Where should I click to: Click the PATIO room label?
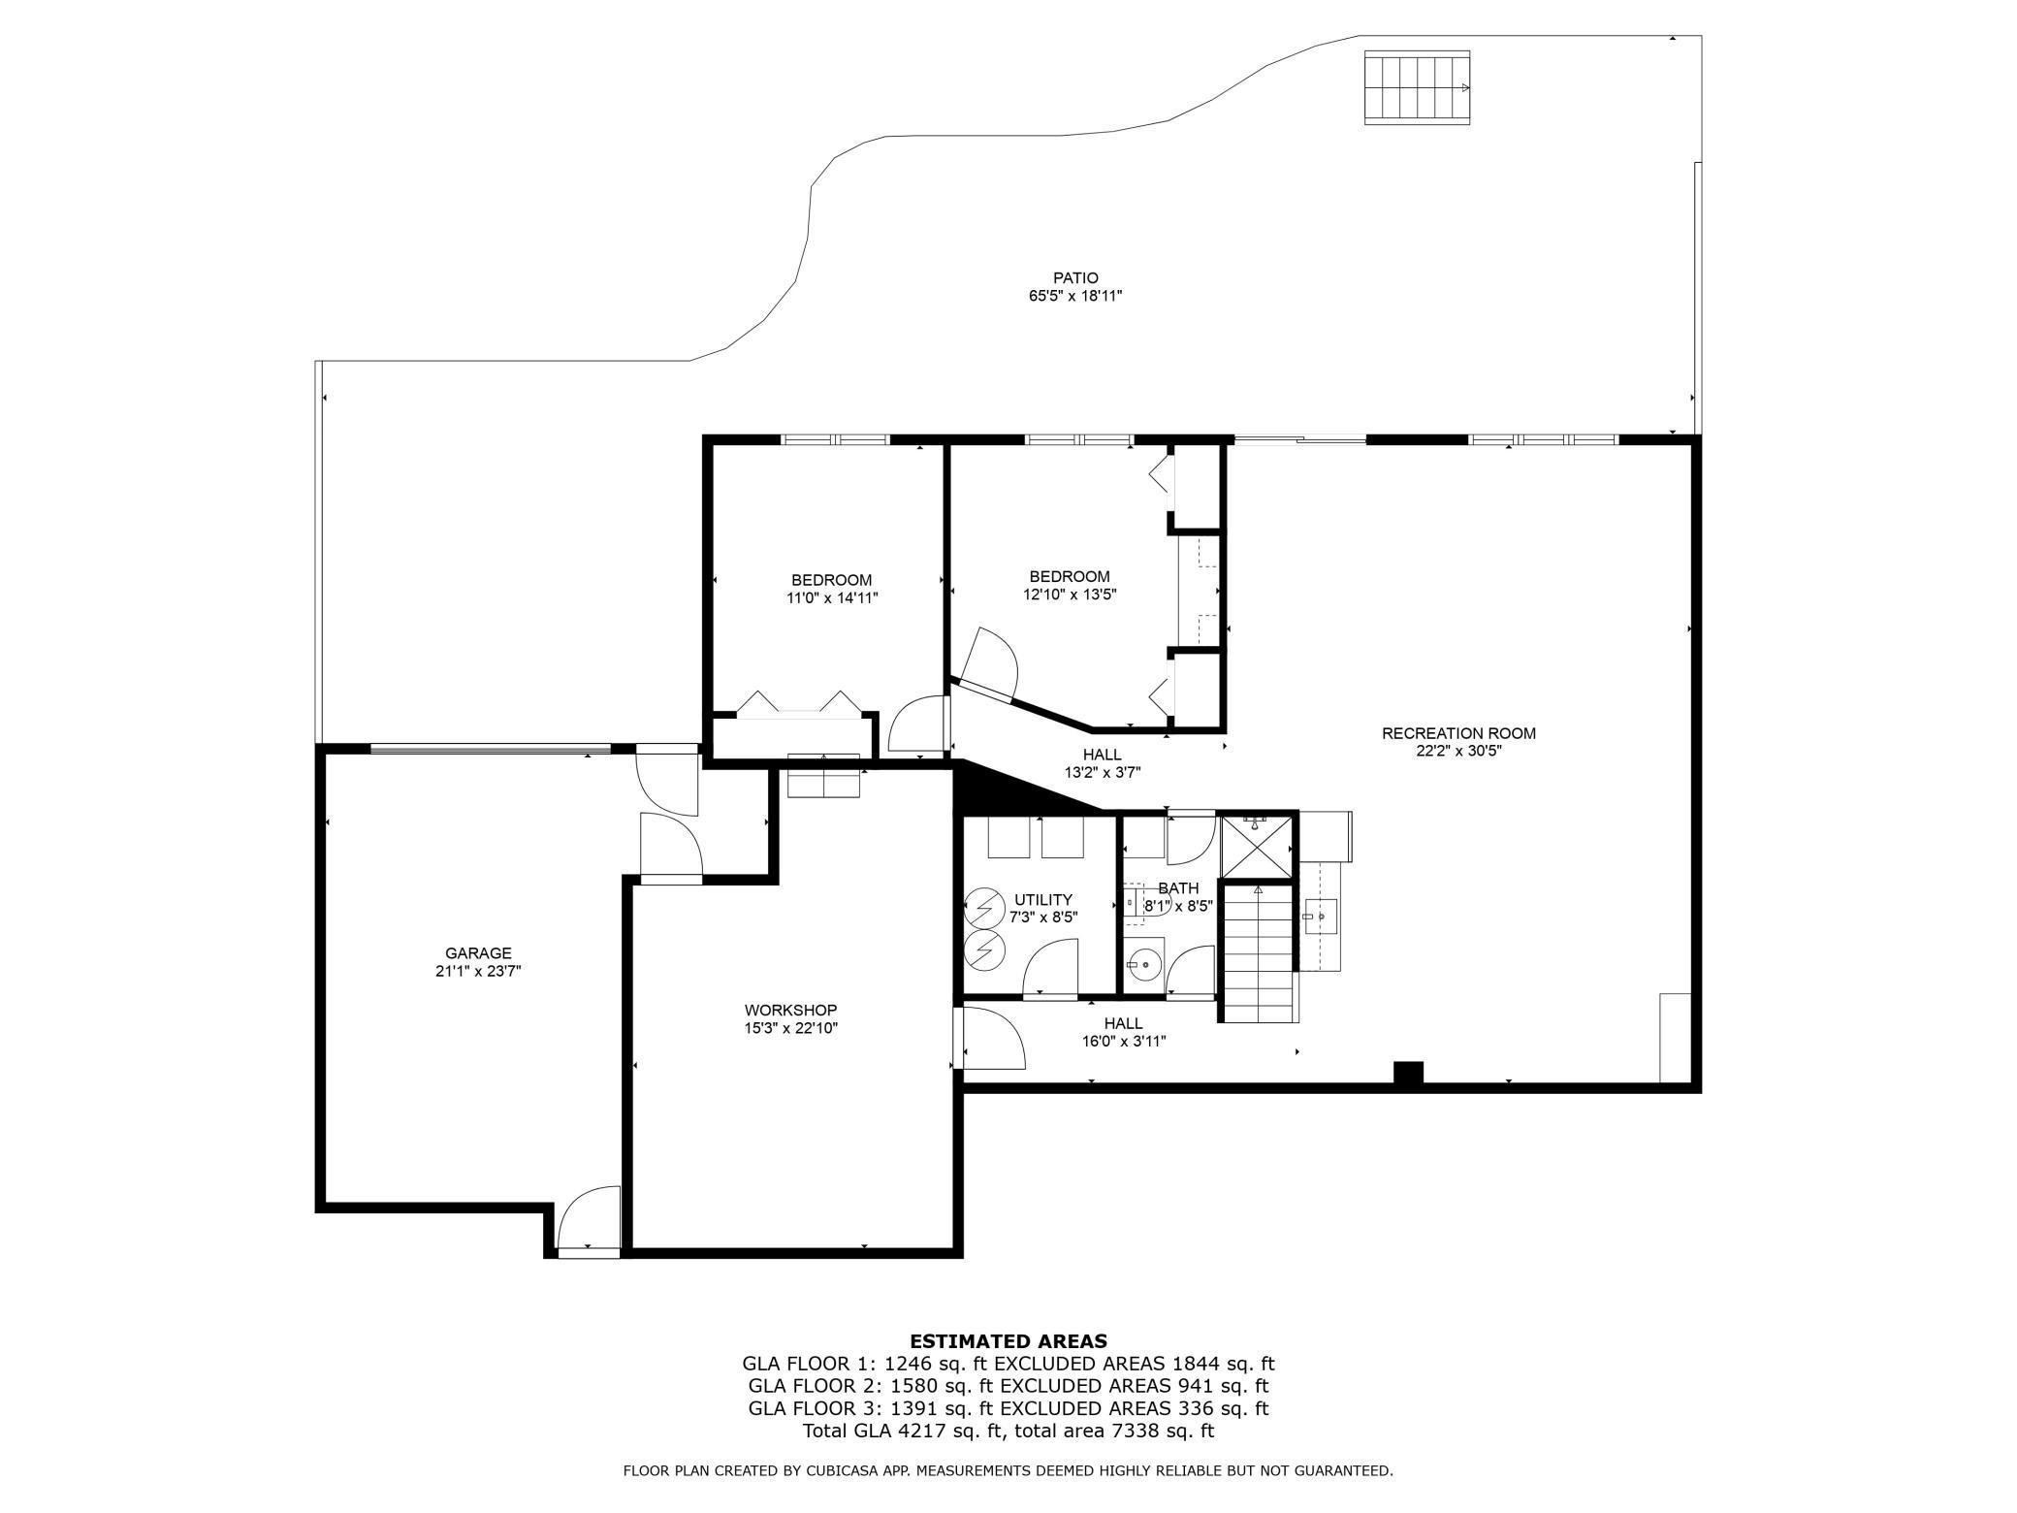click(1075, 278)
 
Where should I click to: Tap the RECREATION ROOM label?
click(1458, 733)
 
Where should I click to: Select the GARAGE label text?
click(478, 953)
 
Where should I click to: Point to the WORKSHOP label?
click(790, 1011)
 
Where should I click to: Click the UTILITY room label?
click(1042, 899)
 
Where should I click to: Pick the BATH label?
click(1178, 888)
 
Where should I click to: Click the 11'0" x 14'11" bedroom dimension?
click(832, 598)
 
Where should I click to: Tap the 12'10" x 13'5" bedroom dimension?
click(1070, 595)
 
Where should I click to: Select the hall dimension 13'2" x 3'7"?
click(1103, 773)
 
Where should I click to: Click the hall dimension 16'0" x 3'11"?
click(1124, 1042)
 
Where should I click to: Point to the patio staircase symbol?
click(1418, 87)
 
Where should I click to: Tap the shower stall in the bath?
click(1257, 847)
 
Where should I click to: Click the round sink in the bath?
click(1144, 964)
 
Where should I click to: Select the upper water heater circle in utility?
click(985, 908)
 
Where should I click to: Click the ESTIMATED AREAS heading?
click(1008, 1341)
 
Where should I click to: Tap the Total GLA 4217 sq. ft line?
click(1008, 1431)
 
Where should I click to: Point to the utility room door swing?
click(1050, 966)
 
